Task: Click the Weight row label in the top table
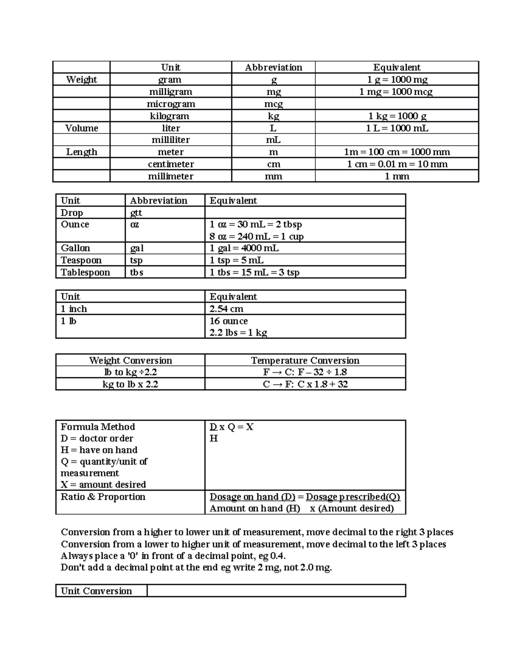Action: (x=81, y=80)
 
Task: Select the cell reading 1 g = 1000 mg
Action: (x=397, y=80)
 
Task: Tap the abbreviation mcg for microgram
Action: (x=273, y=104)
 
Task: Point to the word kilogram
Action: (x=171, y=116)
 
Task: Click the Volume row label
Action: (x=81, y=128)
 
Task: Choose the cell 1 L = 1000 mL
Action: (x=397, y=128)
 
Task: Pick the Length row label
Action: (x=81, y=152)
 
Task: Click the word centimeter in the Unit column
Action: (x=171, y=164)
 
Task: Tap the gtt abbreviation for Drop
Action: (x=136, y=213)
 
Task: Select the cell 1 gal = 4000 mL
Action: (x=244, y=248)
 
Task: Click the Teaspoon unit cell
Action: (x=81, y=260)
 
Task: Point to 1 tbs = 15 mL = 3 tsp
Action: (x=254, y=272)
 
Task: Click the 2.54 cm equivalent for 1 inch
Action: (x=226, y=309)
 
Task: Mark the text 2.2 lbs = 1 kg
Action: (x=238, y=333)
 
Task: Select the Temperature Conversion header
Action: (x=305, y=361)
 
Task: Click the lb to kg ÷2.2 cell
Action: (x=130, y=372)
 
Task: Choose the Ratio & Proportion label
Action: (x=103, y=497)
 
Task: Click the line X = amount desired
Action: (x=103, y=485)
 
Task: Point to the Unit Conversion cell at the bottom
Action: (x=97, y=591)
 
